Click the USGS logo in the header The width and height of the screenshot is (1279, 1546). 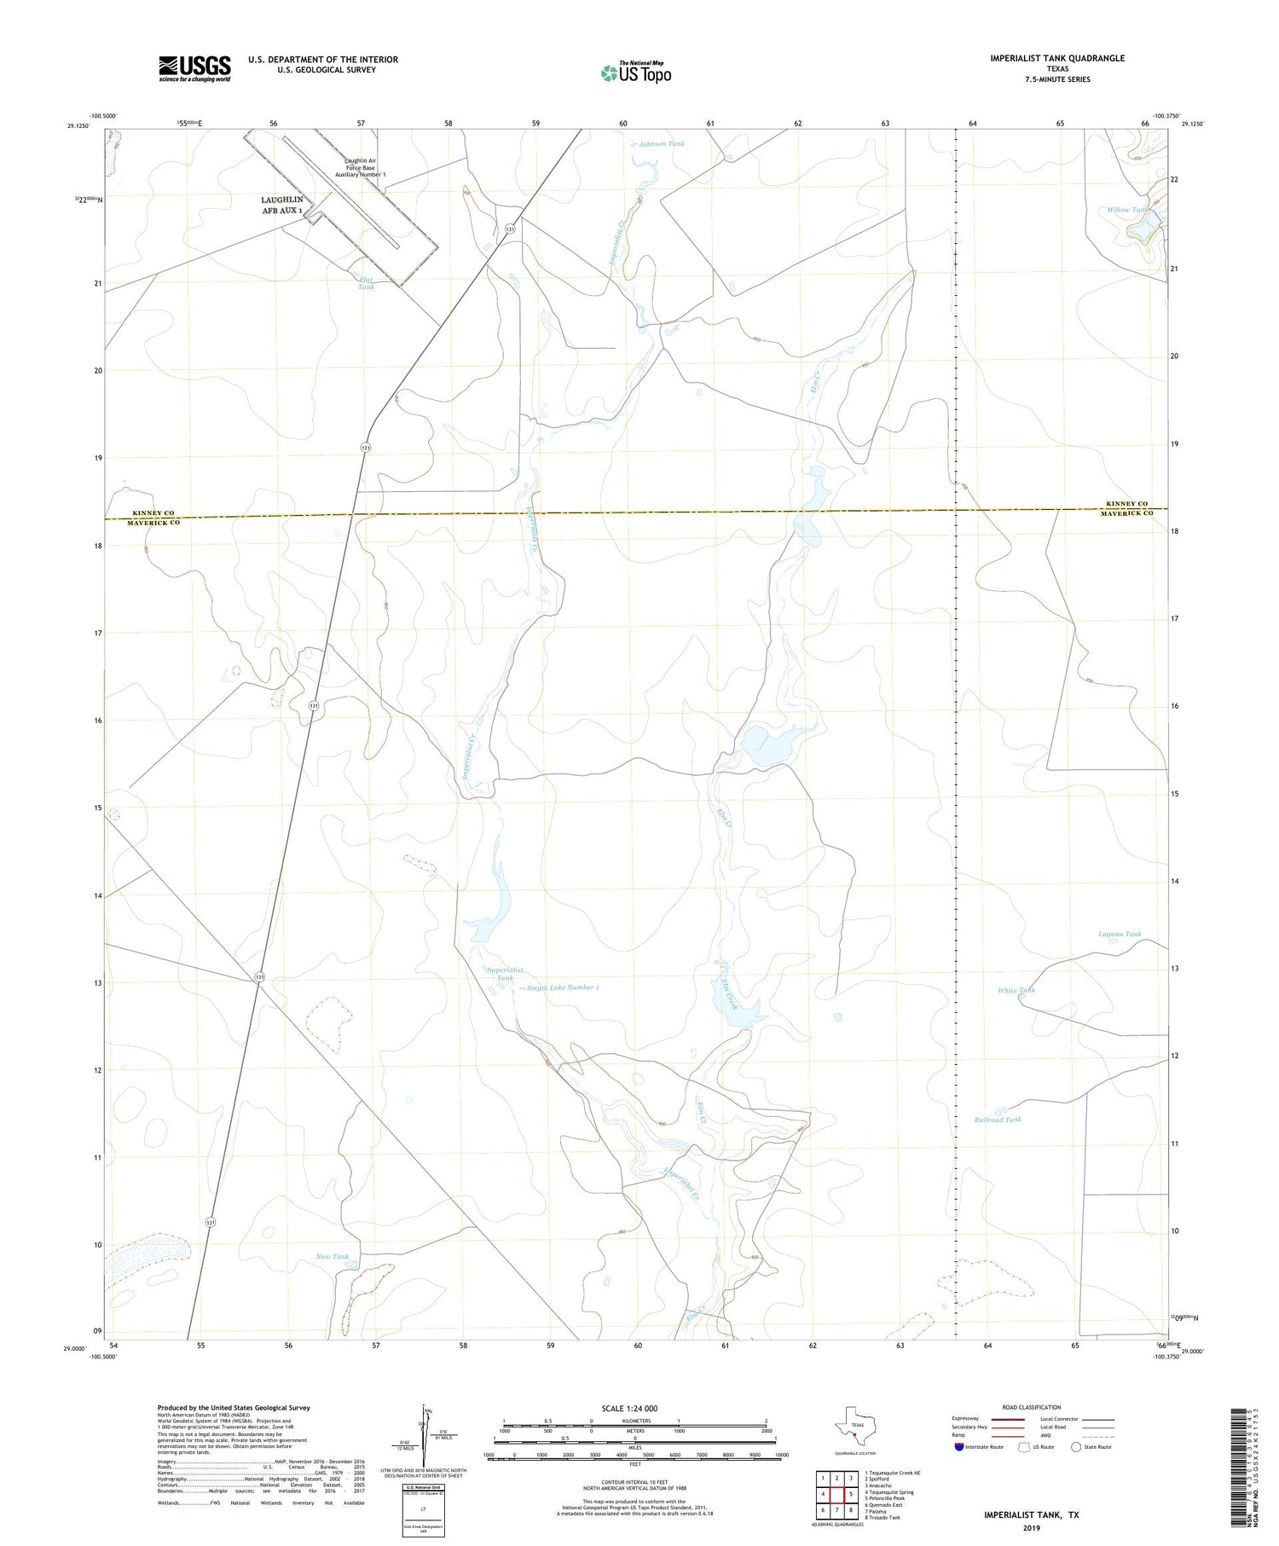click(194, 68)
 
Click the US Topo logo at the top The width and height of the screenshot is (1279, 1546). click(635, 72)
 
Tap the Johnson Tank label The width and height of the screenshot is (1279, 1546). click(662, 144)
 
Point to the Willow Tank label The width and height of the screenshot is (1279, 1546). click(1127, 210)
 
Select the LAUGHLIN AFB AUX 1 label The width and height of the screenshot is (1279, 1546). click(282, 205)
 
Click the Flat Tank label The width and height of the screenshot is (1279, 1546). click(366, 283)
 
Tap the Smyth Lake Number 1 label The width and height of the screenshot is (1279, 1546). click(562, 987)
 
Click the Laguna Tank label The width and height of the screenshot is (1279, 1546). click(1119, 935)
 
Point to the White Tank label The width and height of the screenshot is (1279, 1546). click(1016, 990)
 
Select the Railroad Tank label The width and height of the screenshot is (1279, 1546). click(997, 1120)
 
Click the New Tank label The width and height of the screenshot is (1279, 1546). click(333, 1257)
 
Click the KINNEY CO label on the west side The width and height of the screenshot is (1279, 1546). click(153, 513)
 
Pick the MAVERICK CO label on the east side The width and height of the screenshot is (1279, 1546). click(1126, 513)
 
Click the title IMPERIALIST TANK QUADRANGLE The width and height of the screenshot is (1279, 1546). click(1056, 58)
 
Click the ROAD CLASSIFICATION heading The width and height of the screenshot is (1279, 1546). click(1032, 1407)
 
